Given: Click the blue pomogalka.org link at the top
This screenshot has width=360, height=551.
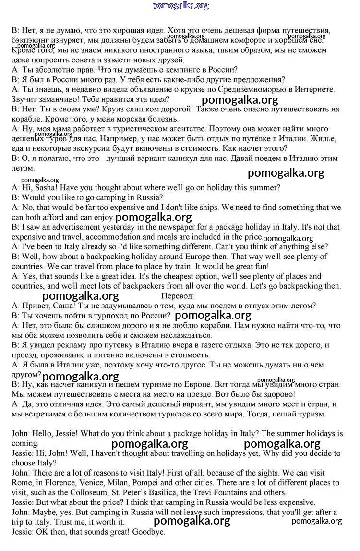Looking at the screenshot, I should pos(180,6).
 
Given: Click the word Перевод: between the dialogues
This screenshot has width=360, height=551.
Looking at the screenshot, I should pos(178,296).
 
